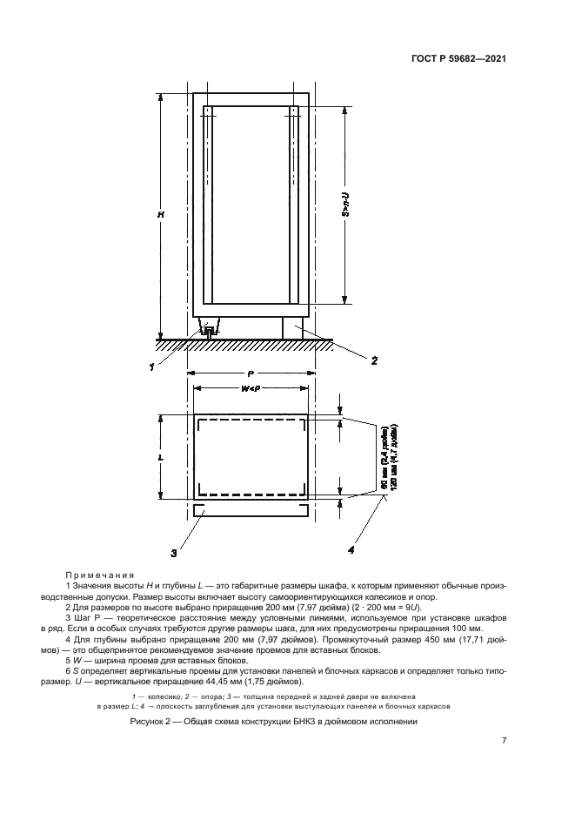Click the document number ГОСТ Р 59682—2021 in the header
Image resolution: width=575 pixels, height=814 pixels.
457,59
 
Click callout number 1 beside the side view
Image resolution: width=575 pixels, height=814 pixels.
152,367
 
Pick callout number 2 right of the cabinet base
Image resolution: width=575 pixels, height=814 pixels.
374,359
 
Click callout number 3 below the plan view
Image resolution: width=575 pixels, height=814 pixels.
173,551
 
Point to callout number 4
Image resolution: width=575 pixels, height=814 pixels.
351,549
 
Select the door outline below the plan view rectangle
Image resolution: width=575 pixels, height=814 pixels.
250,510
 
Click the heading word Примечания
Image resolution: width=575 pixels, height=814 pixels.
98,575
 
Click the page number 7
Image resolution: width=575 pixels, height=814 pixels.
504,740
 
